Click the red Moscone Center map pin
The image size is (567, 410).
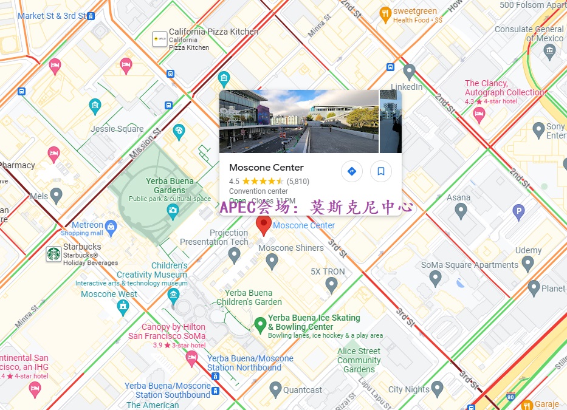point(263,225)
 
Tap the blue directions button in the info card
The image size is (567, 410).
point(351,171)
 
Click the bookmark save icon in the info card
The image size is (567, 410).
point(381,171)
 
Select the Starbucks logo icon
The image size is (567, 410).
point(54,254)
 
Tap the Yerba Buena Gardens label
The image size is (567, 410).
point(170,185)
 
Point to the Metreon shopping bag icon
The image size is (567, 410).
point(111,228)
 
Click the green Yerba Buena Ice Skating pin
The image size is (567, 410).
point(260,324)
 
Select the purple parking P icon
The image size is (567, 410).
point(518,212)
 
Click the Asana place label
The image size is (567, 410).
point(459,197)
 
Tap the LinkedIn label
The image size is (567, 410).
point(407,87)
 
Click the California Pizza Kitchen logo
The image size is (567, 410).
point(160,39)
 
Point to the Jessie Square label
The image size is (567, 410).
point(117,129)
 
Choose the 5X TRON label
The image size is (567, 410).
point(328,272)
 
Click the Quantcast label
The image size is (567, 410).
point(303,390)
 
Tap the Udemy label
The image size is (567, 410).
point(528,250)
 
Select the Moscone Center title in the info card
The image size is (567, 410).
point(266,168)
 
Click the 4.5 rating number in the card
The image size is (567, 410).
point(234,181)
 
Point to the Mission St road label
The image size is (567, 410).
point(145,143)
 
